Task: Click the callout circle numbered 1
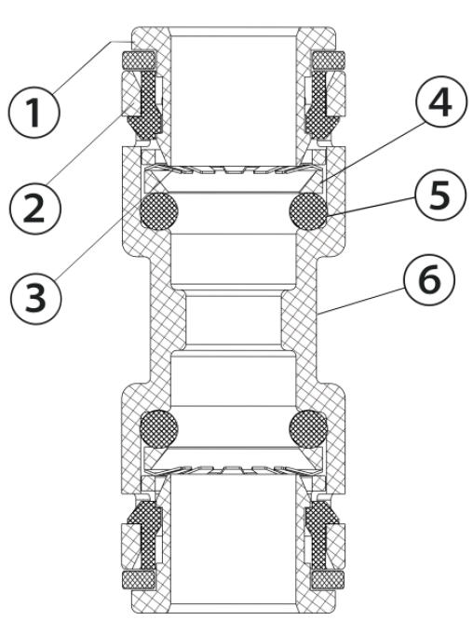(34, 113)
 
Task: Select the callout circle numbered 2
(34, 209)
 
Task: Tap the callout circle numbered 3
(36, 299)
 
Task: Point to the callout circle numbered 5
(439, 196)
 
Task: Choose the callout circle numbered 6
(429, 280)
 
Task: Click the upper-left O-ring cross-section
(159, 211)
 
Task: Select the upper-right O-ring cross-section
(308, 211)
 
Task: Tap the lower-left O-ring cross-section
(159, 429)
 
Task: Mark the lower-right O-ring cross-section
(308, 429)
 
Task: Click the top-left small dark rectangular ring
(138, 60)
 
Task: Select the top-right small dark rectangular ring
(329, 60)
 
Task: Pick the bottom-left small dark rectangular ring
(138, 580)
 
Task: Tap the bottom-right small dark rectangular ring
(329, 580)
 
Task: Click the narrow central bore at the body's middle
(234, 320)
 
